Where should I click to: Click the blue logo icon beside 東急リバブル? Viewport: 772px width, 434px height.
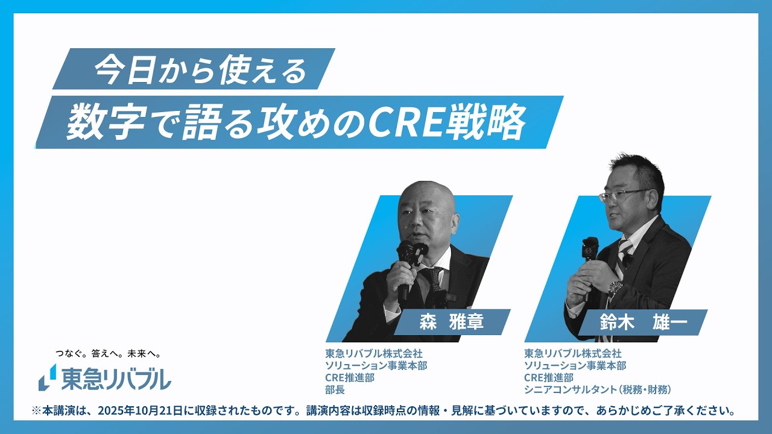coord(47,377)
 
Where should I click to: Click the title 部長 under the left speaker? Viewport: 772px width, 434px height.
coord(335,390)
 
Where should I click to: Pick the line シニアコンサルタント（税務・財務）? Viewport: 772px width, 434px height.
coord(597,390)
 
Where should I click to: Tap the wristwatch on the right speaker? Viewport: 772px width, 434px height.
coord(615,289)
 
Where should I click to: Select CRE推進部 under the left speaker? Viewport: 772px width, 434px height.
coord(350,378)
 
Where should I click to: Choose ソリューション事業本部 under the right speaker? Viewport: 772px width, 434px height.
coord(575,366)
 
